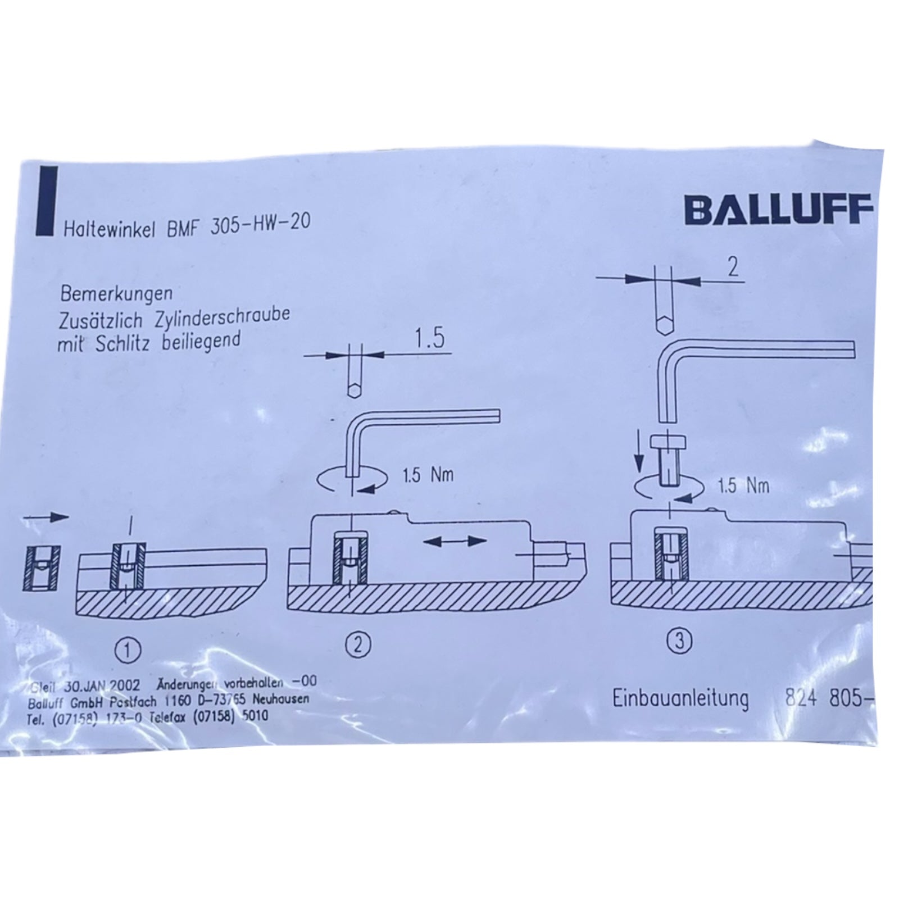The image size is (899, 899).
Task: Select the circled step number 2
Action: point(359,644)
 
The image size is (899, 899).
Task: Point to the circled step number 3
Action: point(679,641)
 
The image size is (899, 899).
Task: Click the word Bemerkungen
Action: point(116,293)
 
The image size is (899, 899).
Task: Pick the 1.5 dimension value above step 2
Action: point(429,339)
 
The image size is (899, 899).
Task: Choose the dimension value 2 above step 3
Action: point(733,267)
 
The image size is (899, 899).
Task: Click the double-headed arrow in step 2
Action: point(454,541)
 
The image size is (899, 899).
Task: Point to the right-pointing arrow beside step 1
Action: point(55,517)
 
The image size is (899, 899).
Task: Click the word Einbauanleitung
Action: point(680,698)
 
